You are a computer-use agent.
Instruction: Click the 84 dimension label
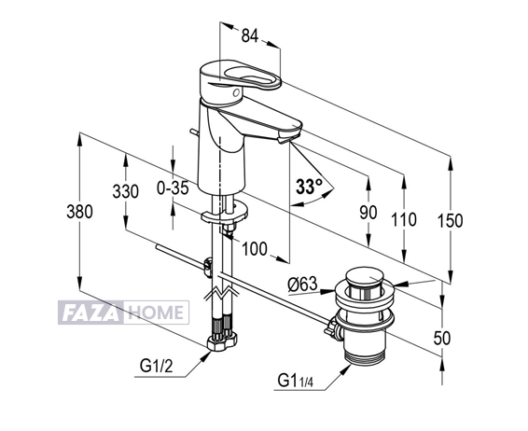(250, 35)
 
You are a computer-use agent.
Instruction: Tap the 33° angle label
(309, 187)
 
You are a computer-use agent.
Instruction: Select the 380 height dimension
(79, 212)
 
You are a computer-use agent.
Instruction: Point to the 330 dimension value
(125, 191)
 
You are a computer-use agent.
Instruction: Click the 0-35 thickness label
(173, 188)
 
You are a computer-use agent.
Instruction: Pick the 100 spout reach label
(255, 249)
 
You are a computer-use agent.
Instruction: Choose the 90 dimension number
(368, 213)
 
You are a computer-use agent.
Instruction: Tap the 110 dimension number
(404, 219)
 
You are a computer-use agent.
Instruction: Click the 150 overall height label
(450, 221)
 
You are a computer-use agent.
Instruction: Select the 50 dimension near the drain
(442, 338)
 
